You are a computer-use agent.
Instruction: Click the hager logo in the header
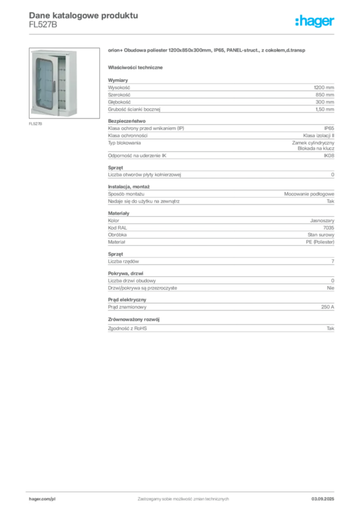point(315,21)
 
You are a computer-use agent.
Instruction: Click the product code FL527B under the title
point(43,25)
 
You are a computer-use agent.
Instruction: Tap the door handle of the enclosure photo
point(54,86)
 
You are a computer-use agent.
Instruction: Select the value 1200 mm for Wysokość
point(324,87)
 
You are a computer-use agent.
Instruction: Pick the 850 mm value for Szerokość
point(325,95)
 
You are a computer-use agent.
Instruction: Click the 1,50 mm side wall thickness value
point(325,109)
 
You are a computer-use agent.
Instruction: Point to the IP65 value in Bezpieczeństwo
point(329,128)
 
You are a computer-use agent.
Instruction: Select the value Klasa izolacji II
point(319,136)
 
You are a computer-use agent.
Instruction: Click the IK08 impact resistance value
point(329,156)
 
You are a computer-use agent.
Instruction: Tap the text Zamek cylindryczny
point(313,143)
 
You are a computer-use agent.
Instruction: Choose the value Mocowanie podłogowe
point(309,194)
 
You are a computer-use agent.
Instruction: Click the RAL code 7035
point(329,228)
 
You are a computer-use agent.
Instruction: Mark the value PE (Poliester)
point(320,242)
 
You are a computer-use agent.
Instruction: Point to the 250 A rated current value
point(328,307)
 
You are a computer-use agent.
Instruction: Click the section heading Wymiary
point(118,80)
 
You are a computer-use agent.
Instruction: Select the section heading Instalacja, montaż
point(129,187)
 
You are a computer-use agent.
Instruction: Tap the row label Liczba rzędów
point(123,261)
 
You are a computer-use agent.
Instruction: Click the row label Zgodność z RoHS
point(127,329)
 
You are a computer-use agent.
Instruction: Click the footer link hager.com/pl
point(42,499)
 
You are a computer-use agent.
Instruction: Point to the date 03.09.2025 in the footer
point(323,499)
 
